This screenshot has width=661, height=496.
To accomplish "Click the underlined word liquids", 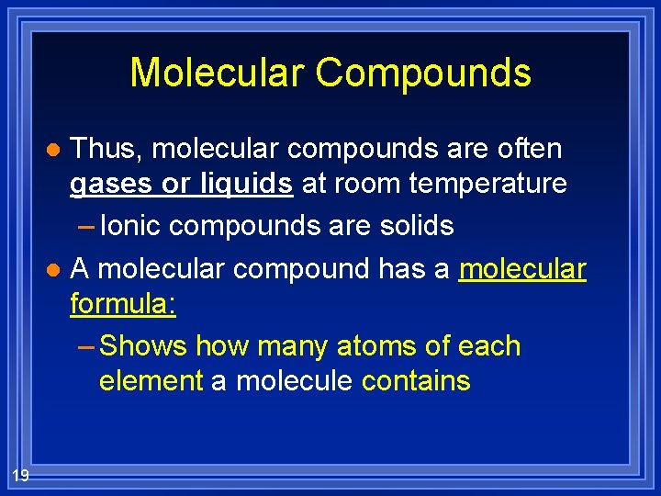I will pyautogui.click(x=245, y=184).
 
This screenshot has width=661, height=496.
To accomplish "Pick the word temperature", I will pyautogui.click(x=489, y=184).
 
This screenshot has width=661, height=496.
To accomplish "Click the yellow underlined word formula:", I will pyautogui.click(x=123, y=304).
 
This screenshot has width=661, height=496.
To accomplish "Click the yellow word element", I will pyautogui.click(x=151, y=380).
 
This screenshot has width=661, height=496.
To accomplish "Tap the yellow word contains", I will pyautogui.click(x=416, y=380).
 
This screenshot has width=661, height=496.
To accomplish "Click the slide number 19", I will pyautogui.click(x=20, y=474).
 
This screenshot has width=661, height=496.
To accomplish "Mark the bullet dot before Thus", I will pyautogui.click(x=54, y=149).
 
